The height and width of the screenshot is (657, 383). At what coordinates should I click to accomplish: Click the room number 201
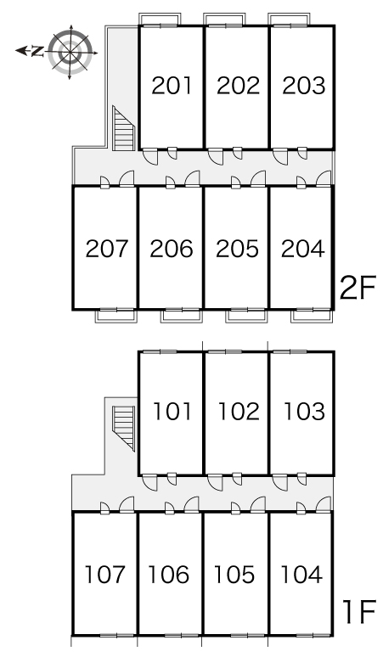pyautogui.click(x=172, y=86)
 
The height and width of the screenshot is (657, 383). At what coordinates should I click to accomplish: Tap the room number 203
pyautogui.click(x=304, y=86)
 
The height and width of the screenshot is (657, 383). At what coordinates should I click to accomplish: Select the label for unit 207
pyautogui.click(x=106, y=249)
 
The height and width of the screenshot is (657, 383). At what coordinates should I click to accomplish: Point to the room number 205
pyautogui.click(x=237, y=249)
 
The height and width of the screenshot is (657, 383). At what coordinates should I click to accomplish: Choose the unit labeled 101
pyautogui.click(x=172, y=411)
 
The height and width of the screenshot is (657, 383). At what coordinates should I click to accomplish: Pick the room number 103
pyautogui.click(x=305, y=411)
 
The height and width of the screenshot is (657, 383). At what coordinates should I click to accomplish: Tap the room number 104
pyautogui.click(x=301, y=574)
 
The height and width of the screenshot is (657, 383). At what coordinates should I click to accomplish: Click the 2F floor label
pyautogui.click(x=358, y=288)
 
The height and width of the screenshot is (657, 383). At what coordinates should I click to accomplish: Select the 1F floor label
pyautogui.click(x=359, y=613)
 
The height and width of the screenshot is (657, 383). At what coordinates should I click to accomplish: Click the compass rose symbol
pyautogui.click(x=70, y=53)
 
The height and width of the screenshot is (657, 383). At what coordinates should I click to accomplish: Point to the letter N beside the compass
pyautogui.click(x=37, y=51)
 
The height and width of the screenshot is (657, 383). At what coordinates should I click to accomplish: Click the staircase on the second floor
pyautogui.click(x=123, y=128)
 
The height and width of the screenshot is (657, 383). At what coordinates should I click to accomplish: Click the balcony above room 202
pyautogui.click(x=224, y=20)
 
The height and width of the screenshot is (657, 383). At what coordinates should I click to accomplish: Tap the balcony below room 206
pyautogui.click(x=182, y=316)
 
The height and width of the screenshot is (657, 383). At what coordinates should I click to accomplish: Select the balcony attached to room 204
pyautogui.click(x=313, y=316)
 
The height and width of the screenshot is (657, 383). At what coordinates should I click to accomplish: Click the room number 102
pyautogui.click(x=239, y=411)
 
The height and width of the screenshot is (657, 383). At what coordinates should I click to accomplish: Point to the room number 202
pyautogui.click(x=238, y=86)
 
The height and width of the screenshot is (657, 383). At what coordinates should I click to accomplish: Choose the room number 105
pyautogui.click(x=234, y=574)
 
